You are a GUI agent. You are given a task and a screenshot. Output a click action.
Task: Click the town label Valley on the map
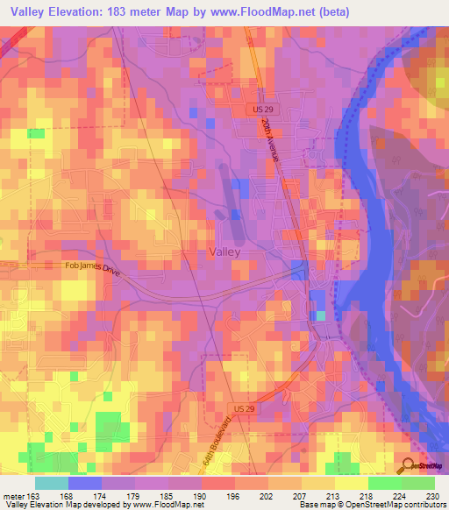tap(224, 251)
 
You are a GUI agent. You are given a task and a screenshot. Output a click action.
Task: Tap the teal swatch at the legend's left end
tap(52, 484)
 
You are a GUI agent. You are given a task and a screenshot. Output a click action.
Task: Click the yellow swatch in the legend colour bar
tap(352, 484)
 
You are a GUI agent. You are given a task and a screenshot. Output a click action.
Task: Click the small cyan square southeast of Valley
tap(320, 315)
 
